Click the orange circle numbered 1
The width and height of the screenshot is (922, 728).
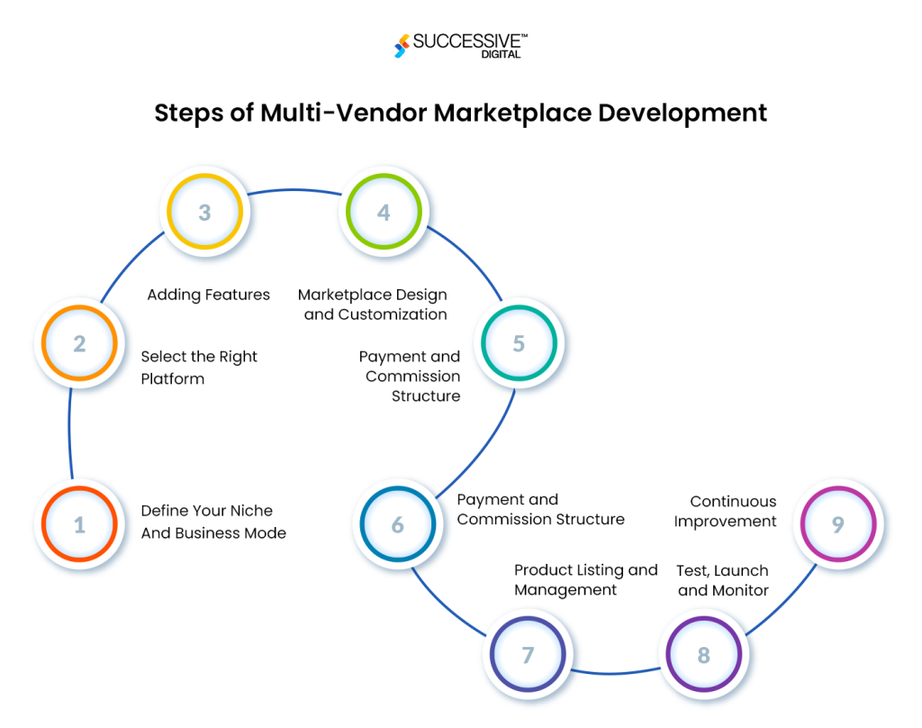point(79,524)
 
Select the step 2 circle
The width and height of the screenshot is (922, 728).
point(79,344)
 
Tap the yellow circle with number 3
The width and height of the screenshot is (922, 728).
point(204,213)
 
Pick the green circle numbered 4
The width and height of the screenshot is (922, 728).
point(384,213)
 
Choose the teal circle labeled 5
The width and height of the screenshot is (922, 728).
point(519,344)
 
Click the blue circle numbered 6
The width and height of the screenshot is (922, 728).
point(397,525)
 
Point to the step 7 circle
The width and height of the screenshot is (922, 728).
point(528,655)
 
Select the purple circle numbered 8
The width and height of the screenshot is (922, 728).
point(703,655)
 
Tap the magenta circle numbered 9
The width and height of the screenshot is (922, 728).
point(837,524)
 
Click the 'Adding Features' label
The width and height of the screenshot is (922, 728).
point(208,295)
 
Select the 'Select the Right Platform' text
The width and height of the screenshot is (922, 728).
point(199,368)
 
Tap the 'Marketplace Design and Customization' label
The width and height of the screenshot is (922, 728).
point(373,305)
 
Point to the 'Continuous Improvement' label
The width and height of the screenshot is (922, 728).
point(725,511)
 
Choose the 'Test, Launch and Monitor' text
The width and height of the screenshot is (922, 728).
point(723,580)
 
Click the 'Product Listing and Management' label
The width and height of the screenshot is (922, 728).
point(585,579)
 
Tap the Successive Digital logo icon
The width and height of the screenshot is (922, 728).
point(401,46)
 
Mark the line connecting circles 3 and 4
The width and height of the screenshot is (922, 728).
point(294,191)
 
